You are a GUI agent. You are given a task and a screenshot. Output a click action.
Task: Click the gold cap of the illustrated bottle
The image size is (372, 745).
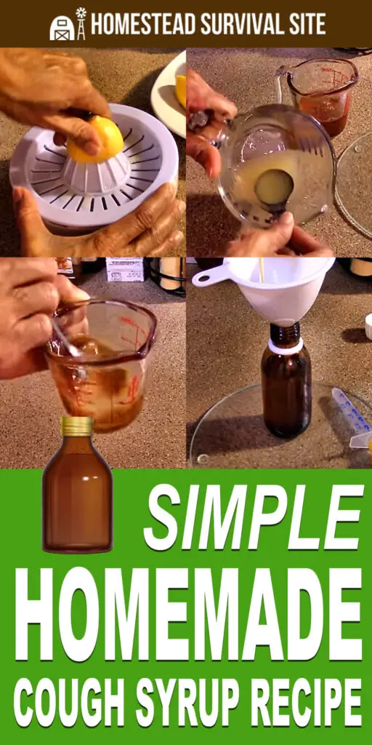77,426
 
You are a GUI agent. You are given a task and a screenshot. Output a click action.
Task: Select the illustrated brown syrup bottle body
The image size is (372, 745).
77,502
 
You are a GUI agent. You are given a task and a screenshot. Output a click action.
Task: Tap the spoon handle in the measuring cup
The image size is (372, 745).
64,338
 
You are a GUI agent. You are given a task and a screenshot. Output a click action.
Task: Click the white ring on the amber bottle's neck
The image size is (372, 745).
285,348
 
